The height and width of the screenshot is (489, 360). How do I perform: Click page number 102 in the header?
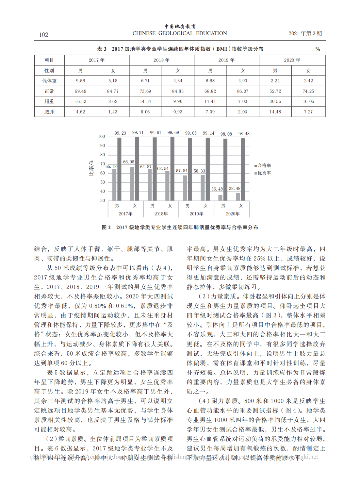(43, 35)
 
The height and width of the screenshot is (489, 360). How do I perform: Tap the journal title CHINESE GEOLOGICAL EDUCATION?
(180, 33)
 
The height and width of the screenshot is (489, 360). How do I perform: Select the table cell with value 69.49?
(80, 91)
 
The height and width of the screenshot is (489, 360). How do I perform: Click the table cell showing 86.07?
(243, 91)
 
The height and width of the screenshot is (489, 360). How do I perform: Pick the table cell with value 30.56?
(275, 101)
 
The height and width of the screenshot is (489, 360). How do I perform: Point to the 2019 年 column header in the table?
(226, 60)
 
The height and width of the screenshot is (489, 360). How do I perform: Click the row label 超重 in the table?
(49, 101)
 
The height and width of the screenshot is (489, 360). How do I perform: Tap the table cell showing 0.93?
(178, 112)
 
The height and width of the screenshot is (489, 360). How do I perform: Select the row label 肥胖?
(49, 112)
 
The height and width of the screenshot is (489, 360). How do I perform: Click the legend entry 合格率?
(264, 166)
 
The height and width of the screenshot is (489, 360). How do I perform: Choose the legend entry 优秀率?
(264, 173)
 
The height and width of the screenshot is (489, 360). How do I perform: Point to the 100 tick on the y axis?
(101, 137)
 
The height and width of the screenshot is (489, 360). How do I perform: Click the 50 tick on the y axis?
(103, 182)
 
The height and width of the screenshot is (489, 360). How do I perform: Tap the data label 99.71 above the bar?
(138, 133)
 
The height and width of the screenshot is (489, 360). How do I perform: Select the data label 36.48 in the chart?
(217, 189)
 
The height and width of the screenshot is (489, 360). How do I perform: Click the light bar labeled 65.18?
(114, 184)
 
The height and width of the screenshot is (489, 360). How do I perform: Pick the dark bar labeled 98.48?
(243, 169)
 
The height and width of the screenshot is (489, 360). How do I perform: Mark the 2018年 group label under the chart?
(161, 214)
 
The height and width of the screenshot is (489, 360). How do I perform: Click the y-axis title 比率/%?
(91, 168)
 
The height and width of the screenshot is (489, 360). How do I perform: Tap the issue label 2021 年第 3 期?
(305, 33)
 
